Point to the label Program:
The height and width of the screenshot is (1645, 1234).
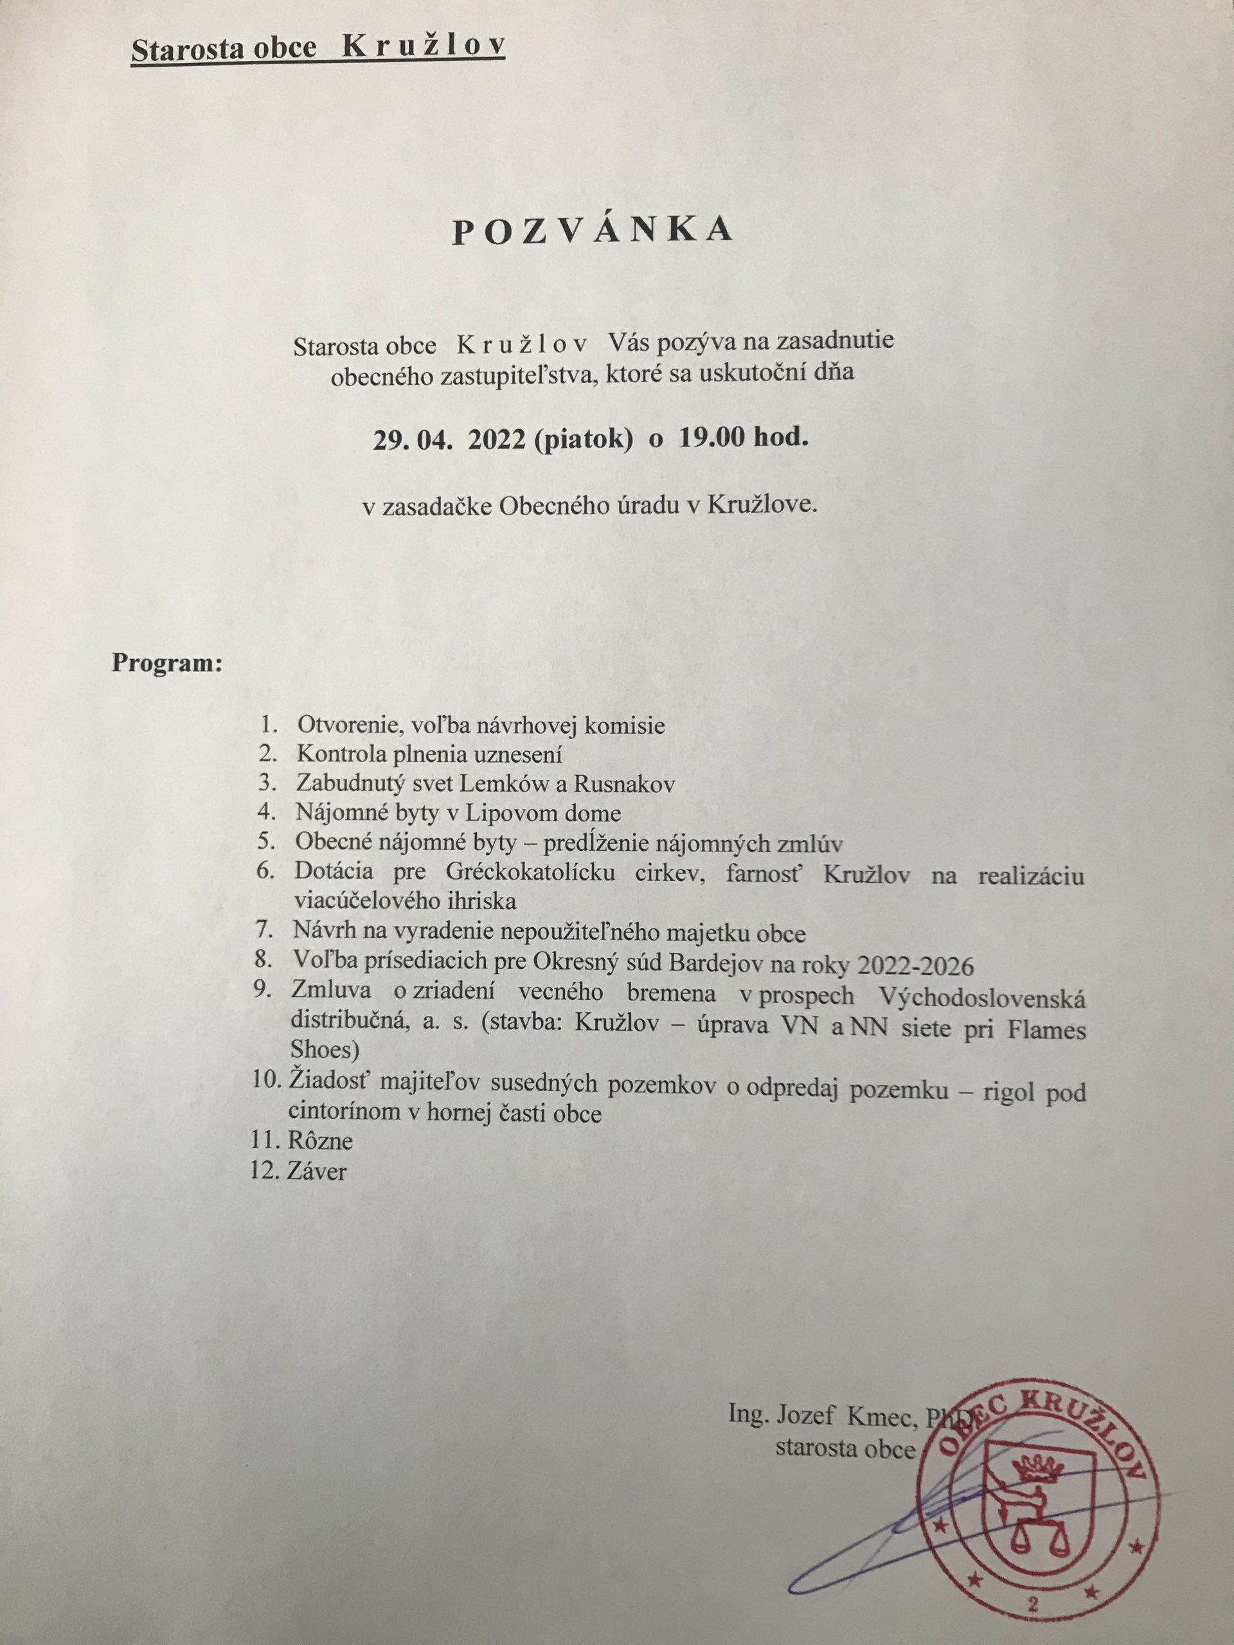pyautogui.click(x=167, y=662)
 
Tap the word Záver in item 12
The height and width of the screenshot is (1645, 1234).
pyautogui.click(x=317, y=1171)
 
